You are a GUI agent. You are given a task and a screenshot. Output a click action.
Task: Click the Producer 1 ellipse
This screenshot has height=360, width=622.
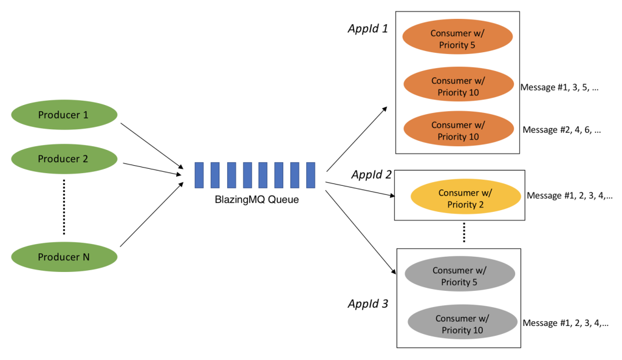(64, 114)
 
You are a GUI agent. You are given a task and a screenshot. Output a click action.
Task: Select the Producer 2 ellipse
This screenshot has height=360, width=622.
(64, 159)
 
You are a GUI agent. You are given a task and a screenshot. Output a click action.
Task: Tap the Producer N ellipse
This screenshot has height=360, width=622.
(64, 257)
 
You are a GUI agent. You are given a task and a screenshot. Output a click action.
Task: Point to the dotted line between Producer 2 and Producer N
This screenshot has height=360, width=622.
(64, 208)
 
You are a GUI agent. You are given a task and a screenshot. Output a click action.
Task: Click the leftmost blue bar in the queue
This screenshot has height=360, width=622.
(199, 175)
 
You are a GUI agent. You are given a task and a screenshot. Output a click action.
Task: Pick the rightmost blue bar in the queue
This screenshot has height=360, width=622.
(310, 175)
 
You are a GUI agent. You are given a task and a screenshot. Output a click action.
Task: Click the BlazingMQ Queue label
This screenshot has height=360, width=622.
(256, 199)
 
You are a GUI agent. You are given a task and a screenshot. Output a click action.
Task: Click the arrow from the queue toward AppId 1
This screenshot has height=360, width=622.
(357, 139)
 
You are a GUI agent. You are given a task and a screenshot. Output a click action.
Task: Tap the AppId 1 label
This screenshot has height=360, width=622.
(367, 29)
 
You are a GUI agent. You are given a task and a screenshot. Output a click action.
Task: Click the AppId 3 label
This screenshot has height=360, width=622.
(368, 304)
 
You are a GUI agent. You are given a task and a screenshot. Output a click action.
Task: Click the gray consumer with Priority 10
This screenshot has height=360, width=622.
(462, 324)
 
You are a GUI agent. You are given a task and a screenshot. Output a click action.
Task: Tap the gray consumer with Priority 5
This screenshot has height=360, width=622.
(460, 276)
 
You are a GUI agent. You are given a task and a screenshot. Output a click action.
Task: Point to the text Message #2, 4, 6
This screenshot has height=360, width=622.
(561, 130)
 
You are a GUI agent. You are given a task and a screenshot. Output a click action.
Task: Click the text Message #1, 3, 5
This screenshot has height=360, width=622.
(559, 87)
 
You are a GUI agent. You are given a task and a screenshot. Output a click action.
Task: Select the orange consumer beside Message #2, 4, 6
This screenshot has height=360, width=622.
(459, 131)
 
